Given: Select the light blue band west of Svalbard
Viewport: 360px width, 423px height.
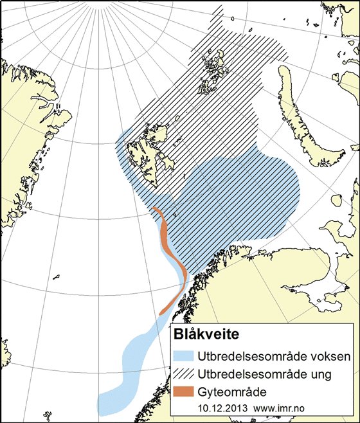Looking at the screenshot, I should [125, 161].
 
